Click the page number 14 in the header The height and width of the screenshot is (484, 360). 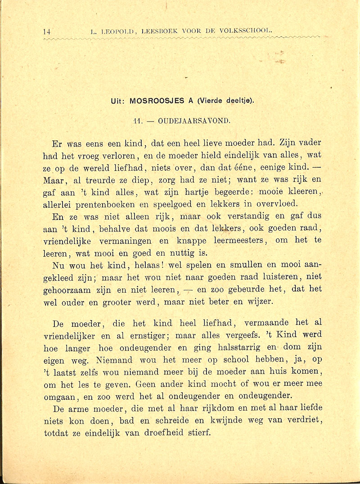(x=46, y=32)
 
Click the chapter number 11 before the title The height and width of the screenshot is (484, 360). (x=138, y=121)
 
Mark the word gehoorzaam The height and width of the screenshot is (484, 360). (x=72, y=289)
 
